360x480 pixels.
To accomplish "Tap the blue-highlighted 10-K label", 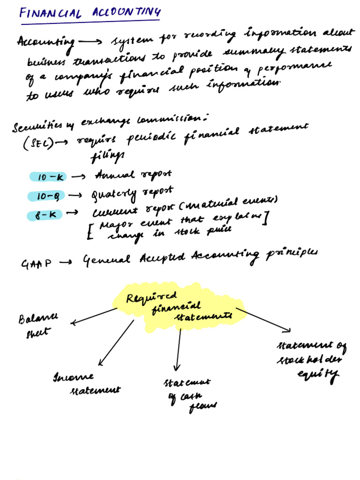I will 48,177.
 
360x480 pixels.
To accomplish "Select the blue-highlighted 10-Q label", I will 47,196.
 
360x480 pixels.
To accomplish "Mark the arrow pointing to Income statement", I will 116,343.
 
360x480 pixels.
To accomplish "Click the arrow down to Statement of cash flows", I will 178,349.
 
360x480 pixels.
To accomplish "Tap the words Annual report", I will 133,175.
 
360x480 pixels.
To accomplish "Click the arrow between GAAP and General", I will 65,263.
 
